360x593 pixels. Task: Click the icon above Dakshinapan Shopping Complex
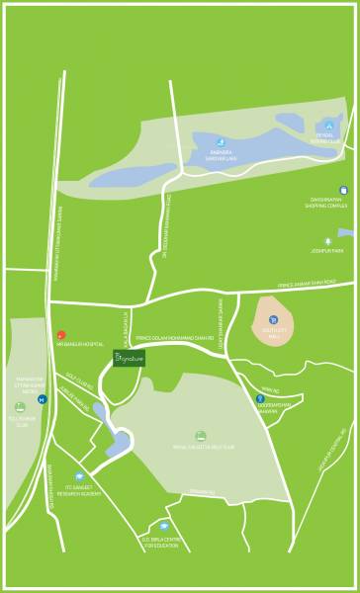click(x=343, y=190)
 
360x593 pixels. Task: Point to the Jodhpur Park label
click(x=328, y=250)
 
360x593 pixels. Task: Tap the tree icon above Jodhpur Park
click(x=327, y=240)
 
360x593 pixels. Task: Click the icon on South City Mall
click(x=272, y=318)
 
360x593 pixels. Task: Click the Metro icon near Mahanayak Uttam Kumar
click(x=42, y=400)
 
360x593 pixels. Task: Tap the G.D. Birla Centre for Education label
click(x=164, y=540)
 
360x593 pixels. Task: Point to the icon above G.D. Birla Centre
click(x=164, y=526)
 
